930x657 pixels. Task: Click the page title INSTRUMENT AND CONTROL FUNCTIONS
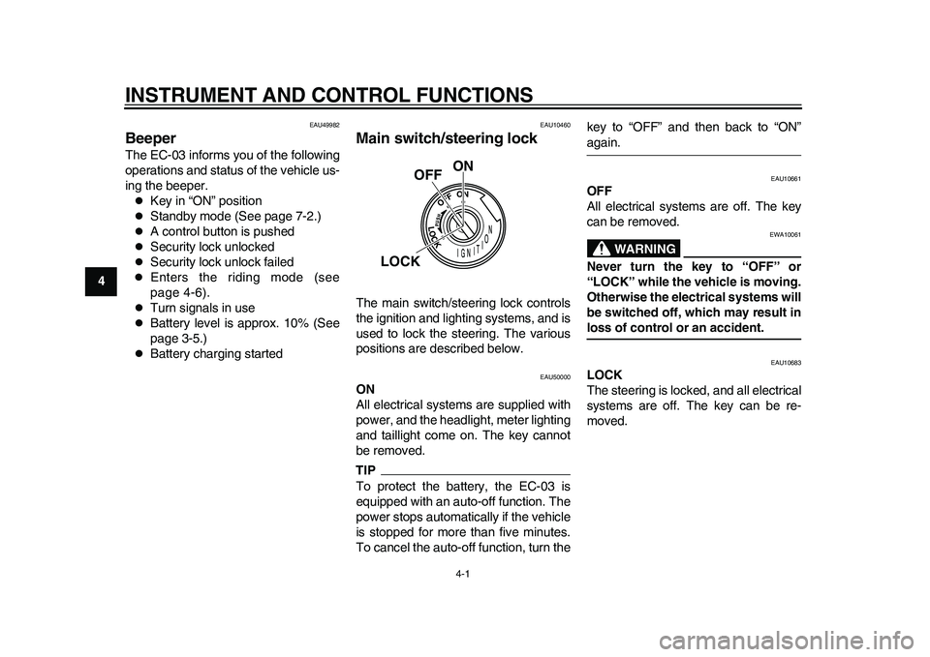tap(328, 94)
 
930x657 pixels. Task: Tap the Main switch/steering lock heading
tap(447, 137)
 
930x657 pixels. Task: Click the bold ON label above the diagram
tap(462, 165)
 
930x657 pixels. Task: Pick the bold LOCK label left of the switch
tap(400, 261)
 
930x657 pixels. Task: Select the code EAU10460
tap(555, 125)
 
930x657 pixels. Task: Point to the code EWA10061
tap(786, 234)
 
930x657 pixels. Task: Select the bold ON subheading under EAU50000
tap(365, 388)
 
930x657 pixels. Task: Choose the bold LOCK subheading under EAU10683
tap(605, 374)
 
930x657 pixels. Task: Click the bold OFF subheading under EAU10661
tap(600, 191)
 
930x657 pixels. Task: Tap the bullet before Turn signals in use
tap(139, 309)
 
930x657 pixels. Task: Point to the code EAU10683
tap(786, 362)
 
